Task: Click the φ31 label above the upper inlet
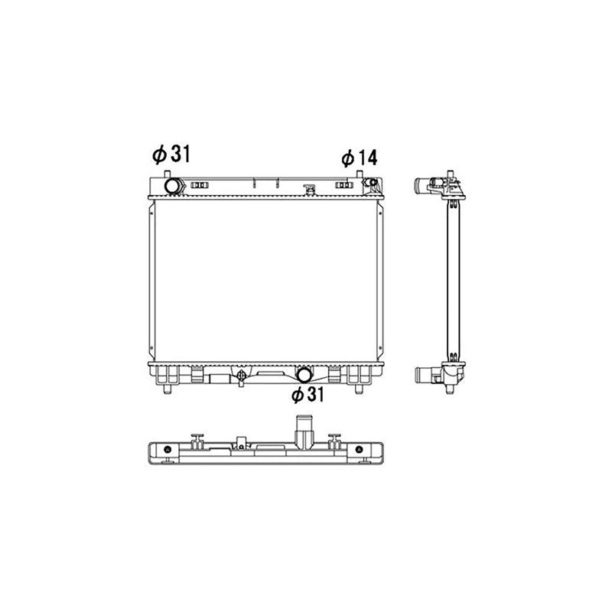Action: pos(171,155)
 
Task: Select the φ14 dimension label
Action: pos(360,158)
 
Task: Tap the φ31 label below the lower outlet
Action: pos(308,395)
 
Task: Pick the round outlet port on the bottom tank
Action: pos(304,375)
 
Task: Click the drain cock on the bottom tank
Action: pos(241,376)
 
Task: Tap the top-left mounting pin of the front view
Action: pos(167,174)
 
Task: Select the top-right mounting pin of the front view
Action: pos(360,174)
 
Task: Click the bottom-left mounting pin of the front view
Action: pos(167,389)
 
